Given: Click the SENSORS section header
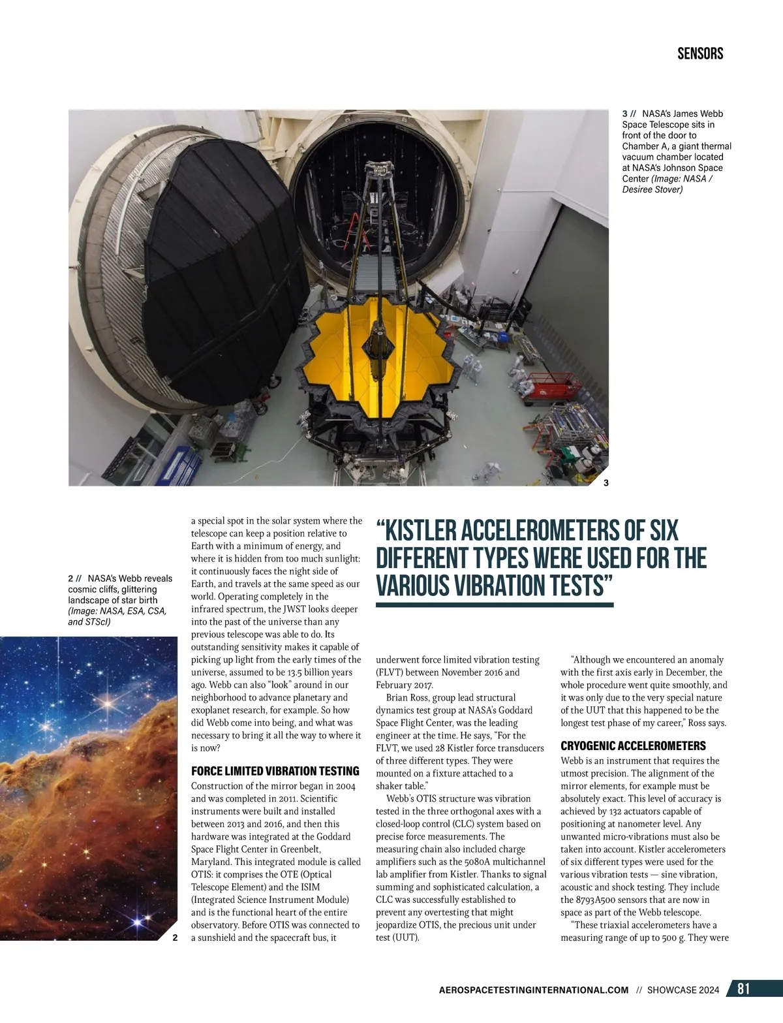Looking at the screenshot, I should pyautogui.click(x=700, y=54).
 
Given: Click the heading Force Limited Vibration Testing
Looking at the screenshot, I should pyautogui.click(x=275, y=771).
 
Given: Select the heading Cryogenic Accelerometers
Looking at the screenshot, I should pyautogui.click(x=633, y=746).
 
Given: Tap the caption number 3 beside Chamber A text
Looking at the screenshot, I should pyautogui.click(x=624, y=114).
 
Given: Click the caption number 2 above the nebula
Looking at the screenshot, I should pyautogui.click(x=70, y=578).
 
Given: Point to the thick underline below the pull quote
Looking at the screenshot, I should pyautogui.click(x=495, y=605).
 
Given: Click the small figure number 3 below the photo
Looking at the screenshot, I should pyautogui.click(x=606, y=483).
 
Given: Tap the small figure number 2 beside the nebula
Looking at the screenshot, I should pyautogui.click(x=175, y=937).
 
